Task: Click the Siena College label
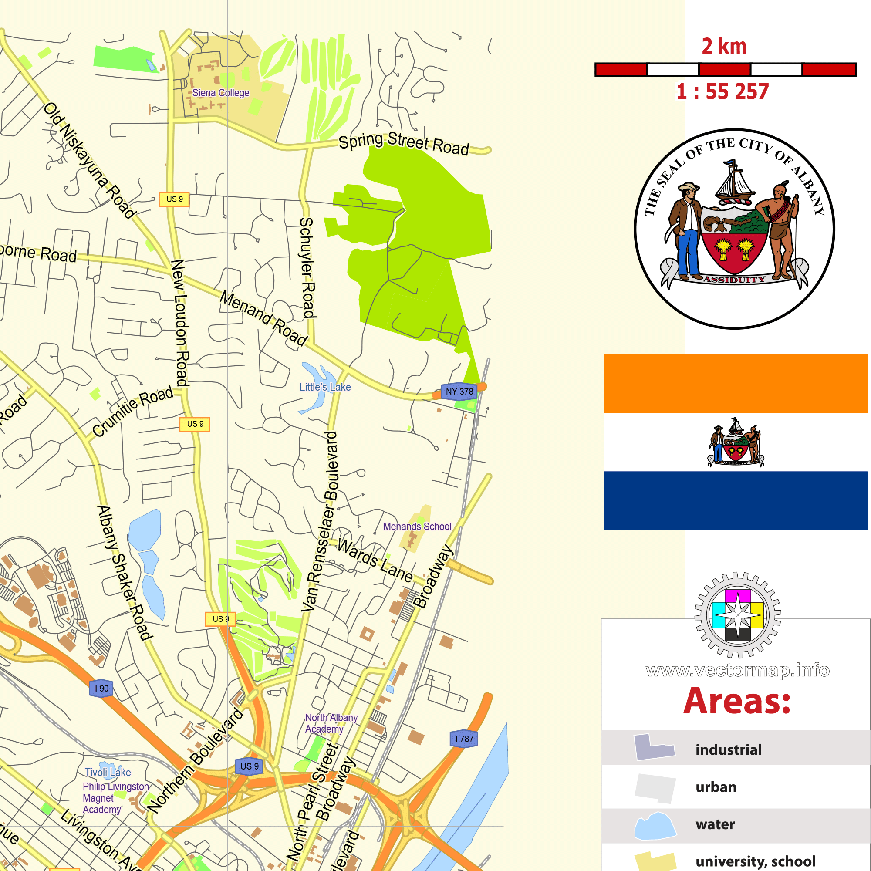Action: [220, 93]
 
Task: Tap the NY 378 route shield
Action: [459, 392]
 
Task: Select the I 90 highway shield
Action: [101, 689]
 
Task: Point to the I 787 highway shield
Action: [464, 739]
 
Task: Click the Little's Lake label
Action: [325, 387]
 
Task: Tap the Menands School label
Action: [417, 527]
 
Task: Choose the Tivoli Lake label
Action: [108, 772]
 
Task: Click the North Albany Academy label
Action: [331, 723]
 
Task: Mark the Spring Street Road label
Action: [404, 143]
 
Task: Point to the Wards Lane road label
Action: [375, 561]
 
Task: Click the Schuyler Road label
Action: [307, 268]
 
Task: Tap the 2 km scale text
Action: [723, 47]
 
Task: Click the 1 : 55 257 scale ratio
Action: [722, 92]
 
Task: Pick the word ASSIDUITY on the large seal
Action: [734, 280]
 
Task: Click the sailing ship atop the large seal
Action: [734, 182]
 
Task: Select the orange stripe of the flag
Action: [735, 383]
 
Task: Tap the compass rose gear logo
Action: [738, 615]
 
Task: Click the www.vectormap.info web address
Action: [737, 670]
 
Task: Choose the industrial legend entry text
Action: [729, 750]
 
